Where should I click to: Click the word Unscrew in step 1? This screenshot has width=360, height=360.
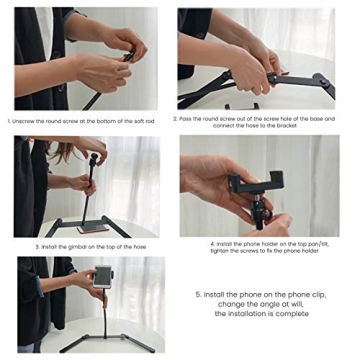coord(29,120)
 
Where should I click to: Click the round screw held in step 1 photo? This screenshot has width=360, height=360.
coord(127,58)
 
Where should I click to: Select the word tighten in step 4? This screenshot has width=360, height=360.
coord(221,250)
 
